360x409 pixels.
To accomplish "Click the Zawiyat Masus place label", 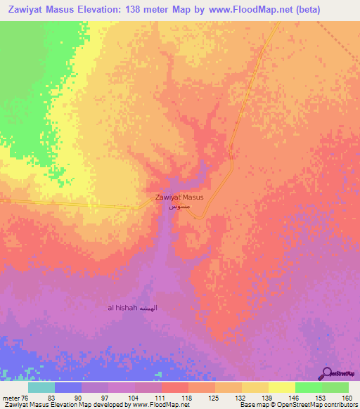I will point(179,197).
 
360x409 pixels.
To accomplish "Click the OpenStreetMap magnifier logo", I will point(327,373).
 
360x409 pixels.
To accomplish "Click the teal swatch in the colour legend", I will point(41,387).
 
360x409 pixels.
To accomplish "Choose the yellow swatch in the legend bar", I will point(281,387).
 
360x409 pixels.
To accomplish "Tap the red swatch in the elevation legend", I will point(174,387).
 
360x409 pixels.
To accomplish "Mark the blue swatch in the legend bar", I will point(68,387).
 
